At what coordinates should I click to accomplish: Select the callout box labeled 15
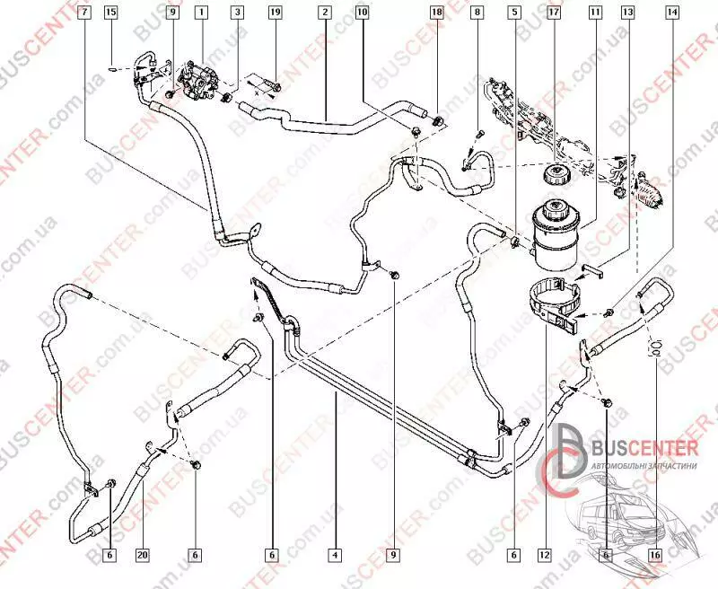(110, 13)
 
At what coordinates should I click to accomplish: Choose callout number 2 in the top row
(323, 13)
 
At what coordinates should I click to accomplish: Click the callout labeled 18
(437, 13)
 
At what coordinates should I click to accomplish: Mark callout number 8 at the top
(478, 13)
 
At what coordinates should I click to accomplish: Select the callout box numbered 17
(554, 13)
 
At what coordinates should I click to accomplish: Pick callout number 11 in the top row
(594, 13)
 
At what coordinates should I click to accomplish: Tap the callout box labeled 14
(671, 13)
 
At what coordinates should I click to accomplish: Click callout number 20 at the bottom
(142, 555)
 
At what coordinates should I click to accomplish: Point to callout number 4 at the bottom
(334, 555)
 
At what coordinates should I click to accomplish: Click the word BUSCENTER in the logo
(644, 449)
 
